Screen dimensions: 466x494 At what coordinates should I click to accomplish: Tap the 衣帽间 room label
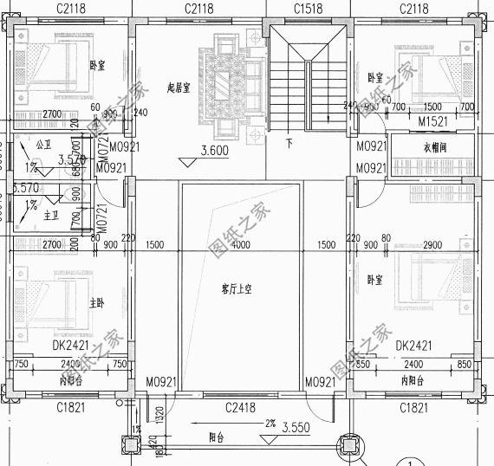point(415,147)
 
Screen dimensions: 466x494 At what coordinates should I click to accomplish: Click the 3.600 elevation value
point(215,151)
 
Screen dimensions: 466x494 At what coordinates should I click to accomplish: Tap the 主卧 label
point(96,303)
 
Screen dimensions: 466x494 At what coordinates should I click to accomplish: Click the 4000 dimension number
point(240,245)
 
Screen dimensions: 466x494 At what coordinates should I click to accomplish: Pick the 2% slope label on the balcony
point(271,424)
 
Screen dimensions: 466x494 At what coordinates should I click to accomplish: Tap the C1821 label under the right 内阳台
point(418,406)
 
